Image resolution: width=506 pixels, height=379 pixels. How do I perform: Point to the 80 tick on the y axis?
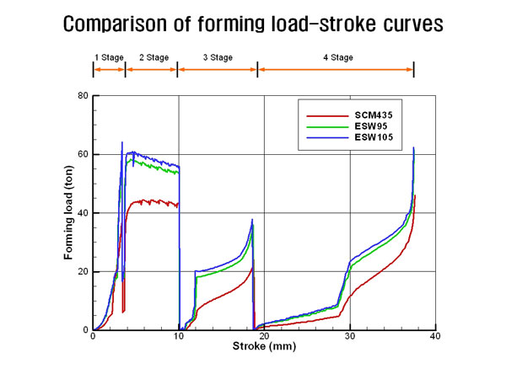[82, 95]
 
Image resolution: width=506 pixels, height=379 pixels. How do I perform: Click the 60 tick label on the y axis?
[82, 154]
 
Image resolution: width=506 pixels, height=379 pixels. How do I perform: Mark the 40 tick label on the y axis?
[82, 213]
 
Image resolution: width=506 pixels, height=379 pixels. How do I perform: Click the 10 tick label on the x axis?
[178, 337]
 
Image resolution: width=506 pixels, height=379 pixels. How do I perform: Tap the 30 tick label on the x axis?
[350, 337]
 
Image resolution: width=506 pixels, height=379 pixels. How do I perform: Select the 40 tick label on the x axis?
[436, 337]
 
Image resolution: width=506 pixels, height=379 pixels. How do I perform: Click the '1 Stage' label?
[108, 57]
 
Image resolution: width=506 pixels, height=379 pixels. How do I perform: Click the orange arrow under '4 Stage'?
[336, 69]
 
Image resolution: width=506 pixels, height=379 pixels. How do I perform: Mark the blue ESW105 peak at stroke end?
[413, 148]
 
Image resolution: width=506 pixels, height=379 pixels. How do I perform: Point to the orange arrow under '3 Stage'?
[218, 69]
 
